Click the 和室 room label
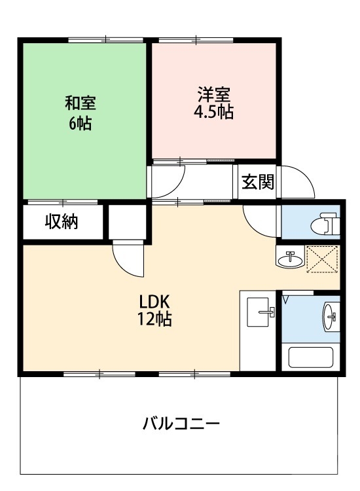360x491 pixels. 81,103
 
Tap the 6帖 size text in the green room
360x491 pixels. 81,122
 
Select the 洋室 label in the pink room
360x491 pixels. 213,93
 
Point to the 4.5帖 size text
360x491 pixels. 213,112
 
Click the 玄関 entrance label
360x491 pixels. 257,183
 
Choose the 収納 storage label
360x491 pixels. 62,223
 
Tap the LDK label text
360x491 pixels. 154,302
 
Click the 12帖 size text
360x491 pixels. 154,321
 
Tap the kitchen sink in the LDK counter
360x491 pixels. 262,312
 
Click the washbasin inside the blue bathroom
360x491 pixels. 329,318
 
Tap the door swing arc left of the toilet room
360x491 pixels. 260,221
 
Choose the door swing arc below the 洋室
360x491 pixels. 172,178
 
